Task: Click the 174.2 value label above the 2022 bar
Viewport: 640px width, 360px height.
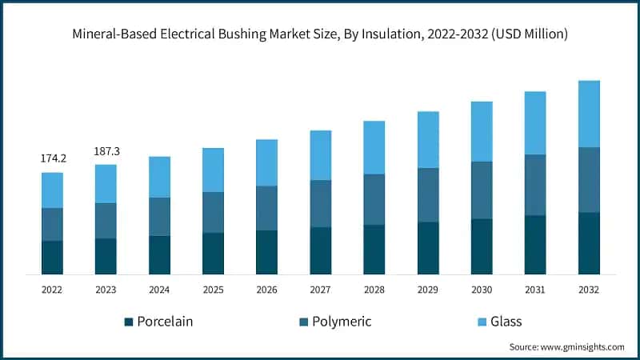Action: point(53,158)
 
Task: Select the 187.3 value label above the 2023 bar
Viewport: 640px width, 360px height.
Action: point(106,150)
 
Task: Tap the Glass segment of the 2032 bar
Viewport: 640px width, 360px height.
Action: point(589,114)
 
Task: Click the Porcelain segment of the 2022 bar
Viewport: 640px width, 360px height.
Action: point(53,258)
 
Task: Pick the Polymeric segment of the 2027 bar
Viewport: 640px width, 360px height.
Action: point(320,203)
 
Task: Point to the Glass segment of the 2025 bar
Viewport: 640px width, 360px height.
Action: point(213,170)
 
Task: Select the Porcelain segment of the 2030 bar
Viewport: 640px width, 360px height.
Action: point(482,246)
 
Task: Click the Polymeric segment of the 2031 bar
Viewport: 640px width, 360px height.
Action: point(535,185)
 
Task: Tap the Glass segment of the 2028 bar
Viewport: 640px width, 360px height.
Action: point(374,147)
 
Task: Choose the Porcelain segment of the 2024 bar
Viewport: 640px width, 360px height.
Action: point(159,255)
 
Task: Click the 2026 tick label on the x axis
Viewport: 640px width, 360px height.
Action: point(266,289)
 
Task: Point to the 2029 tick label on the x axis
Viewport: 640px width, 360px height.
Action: point(428,289)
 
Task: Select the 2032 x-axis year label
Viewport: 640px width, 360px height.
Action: point(589,289)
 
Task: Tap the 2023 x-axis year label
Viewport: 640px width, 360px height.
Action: point(106,289)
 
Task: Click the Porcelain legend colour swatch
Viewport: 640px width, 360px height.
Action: point(128,322)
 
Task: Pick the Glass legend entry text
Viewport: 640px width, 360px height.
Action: point(506,322)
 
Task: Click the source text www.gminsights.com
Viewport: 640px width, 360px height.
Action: point(583,346)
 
